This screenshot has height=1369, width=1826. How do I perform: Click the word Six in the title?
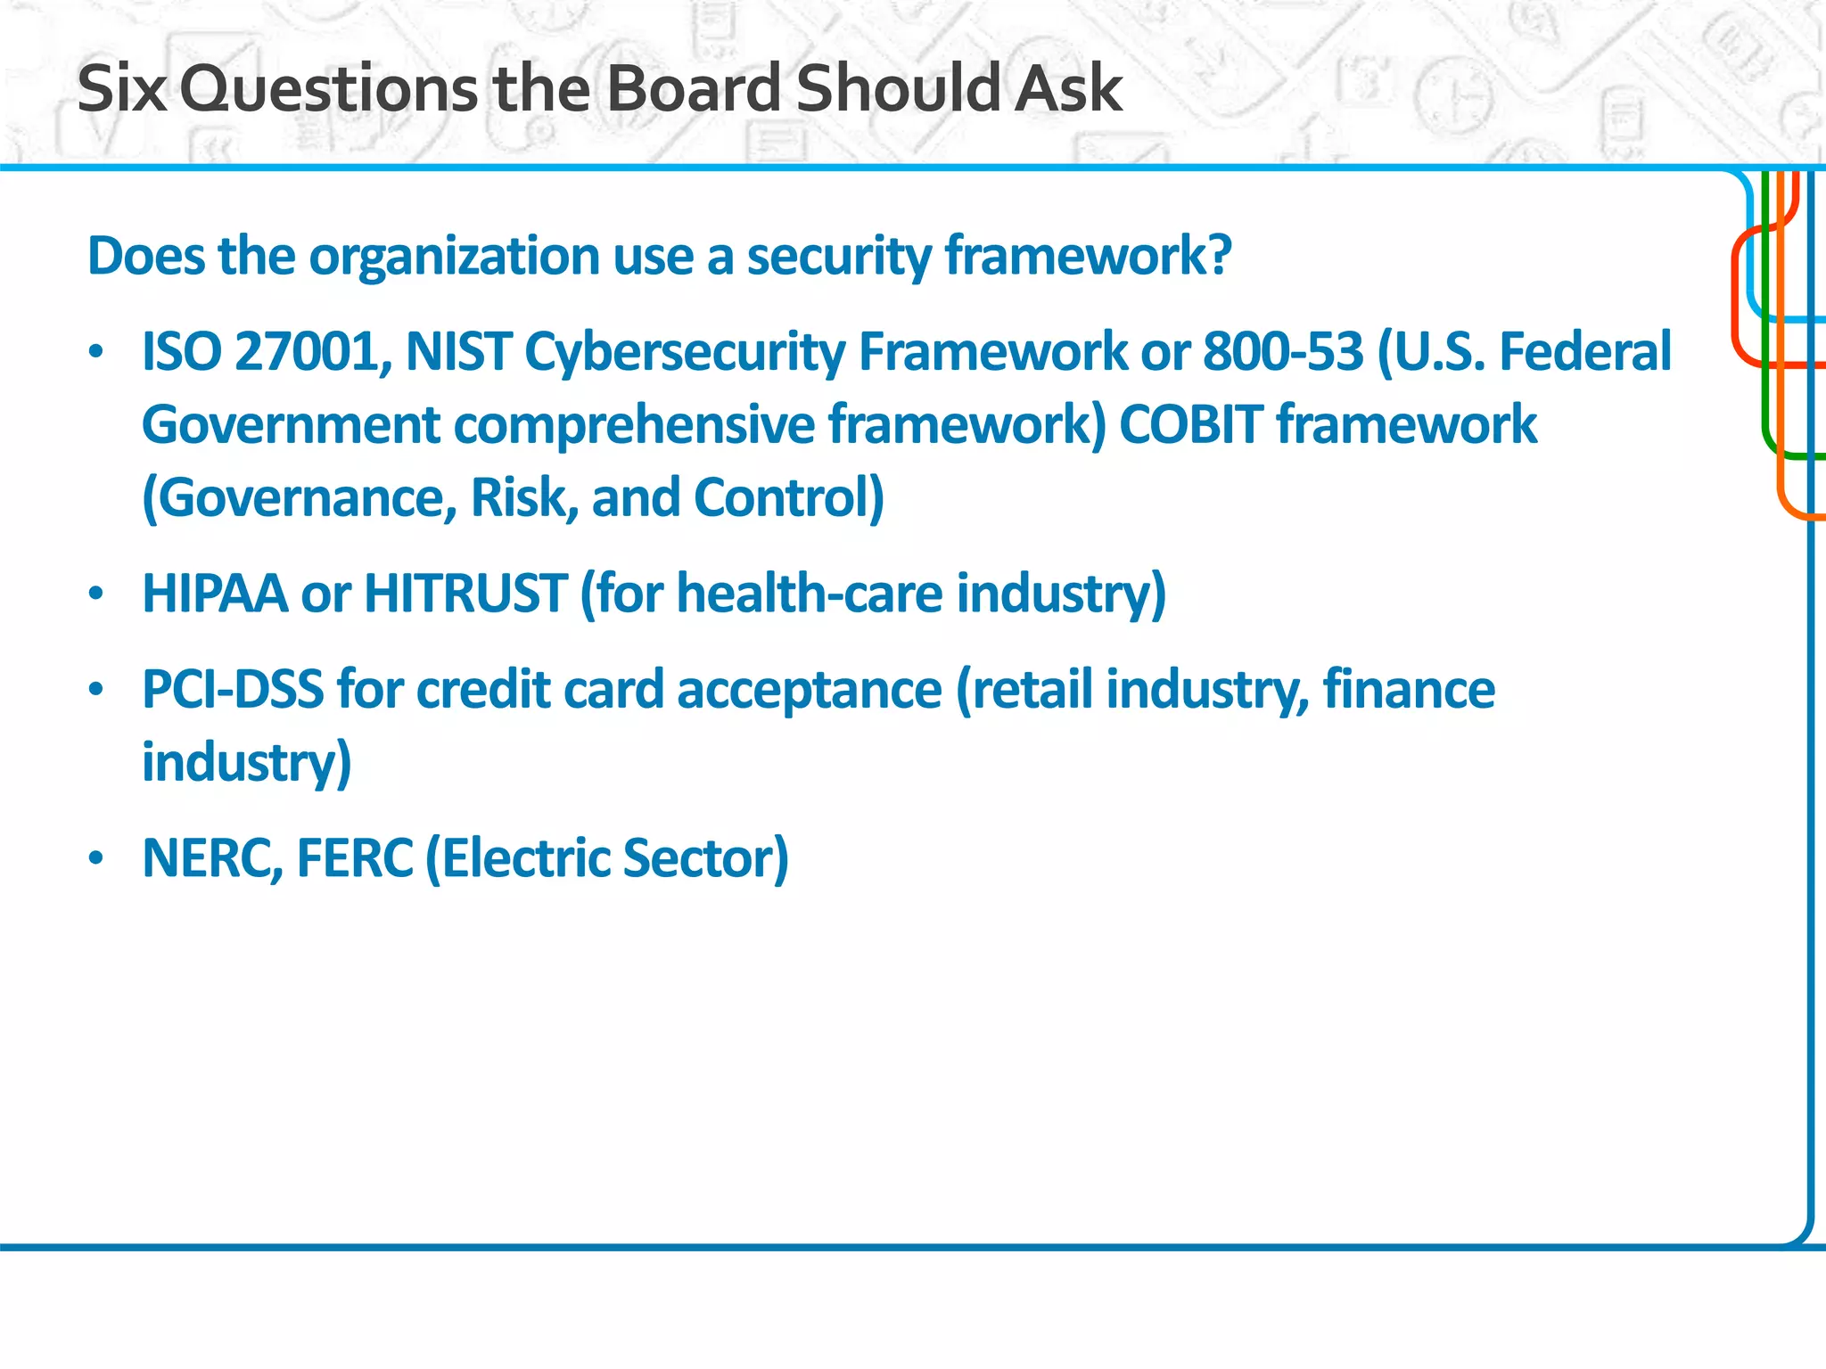(x=122, y=89)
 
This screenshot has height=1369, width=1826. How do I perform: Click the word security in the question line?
(x=838, y=257)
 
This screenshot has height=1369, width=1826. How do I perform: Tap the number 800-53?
(x=1283, y=351)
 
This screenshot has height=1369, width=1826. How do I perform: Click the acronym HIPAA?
(x=215, y=594)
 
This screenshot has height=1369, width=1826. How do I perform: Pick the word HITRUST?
(x=465, y=594)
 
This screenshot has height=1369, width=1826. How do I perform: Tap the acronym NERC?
(x=212, y=858)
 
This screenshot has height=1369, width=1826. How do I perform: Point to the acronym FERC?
(x=355, y=858)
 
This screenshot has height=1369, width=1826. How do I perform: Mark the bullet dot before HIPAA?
(x=97, y=594)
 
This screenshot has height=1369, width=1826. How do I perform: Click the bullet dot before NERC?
(x=97, y=858)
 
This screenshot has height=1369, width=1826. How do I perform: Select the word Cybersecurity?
(x=684, y=351)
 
